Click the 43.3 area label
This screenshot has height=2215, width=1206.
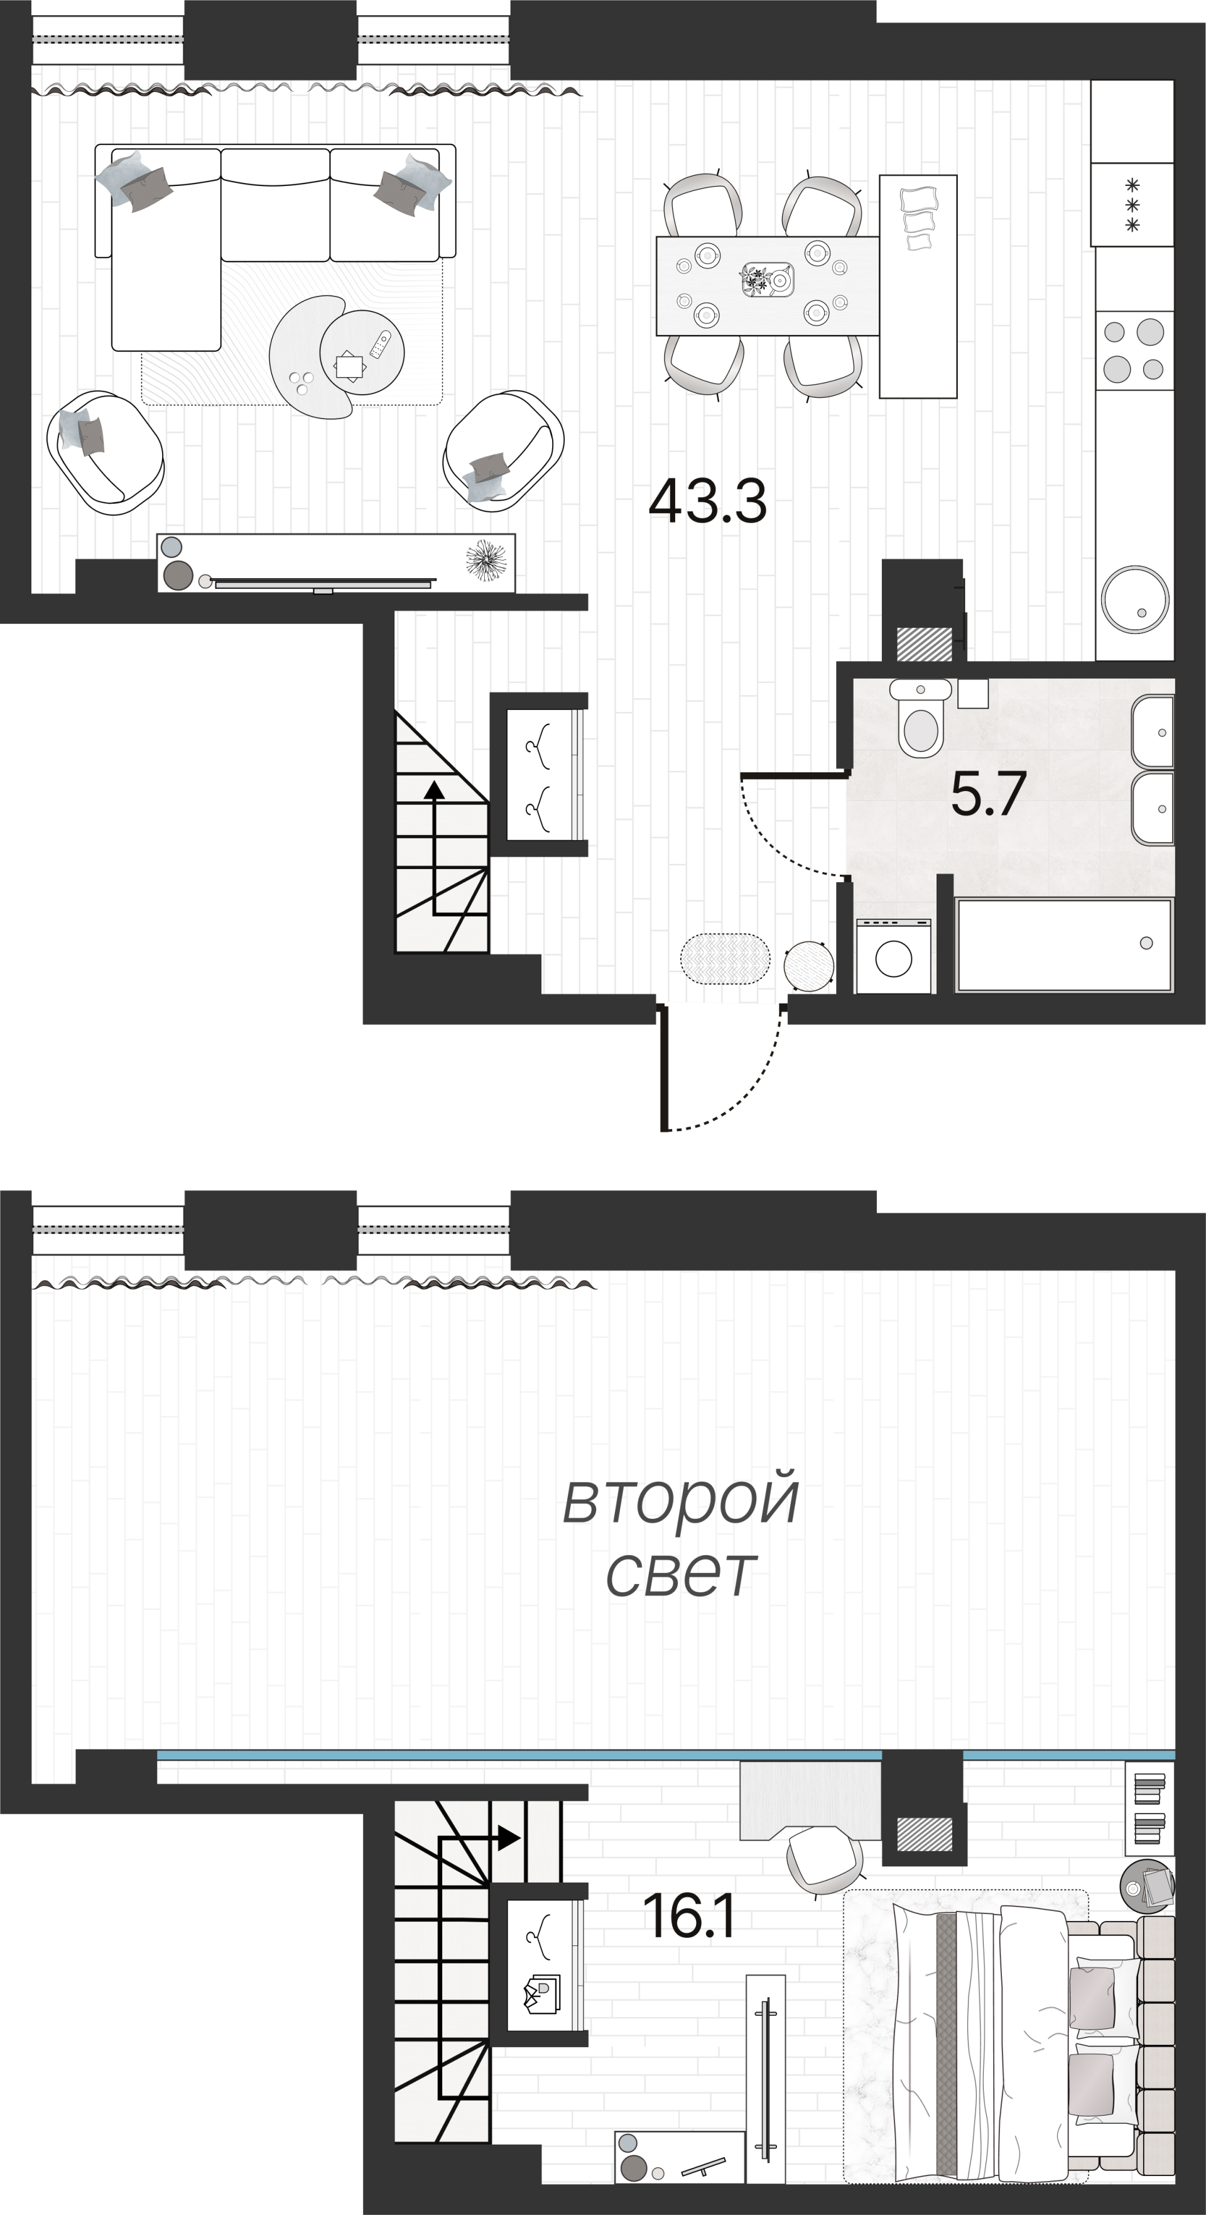point(707,502)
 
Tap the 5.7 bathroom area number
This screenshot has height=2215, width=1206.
point(989,794)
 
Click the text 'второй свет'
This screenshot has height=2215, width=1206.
point(681,1536)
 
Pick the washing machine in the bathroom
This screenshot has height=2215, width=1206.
point(894,956)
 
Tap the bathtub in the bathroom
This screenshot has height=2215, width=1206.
point(1064,945)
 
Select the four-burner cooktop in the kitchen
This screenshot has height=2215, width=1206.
point(1134,350)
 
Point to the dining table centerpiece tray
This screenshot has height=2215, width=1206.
point(768,280)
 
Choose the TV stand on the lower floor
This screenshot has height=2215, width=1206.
point(336,563)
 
